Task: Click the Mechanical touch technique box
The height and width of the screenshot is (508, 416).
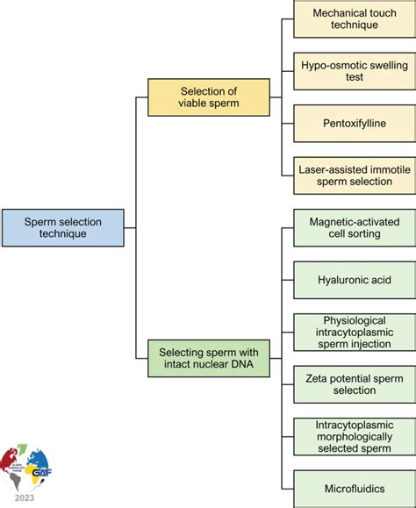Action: pyautogui.click(x=353, y=19)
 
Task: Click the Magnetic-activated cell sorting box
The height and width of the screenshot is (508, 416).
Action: pyautogui.click(x=353, y=230)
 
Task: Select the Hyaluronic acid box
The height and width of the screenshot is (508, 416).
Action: pyautogui.click(x=353, y=280)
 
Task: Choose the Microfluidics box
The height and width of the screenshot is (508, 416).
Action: pyautogui.click(x=353, y=485)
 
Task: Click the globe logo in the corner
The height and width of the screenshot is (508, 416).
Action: pyautogui.click(x=26, y=465)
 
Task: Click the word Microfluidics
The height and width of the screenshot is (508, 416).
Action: pyautogui.click(x=353, y=485)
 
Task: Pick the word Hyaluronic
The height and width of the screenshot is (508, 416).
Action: pyautogui.click(x=337, y=280)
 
